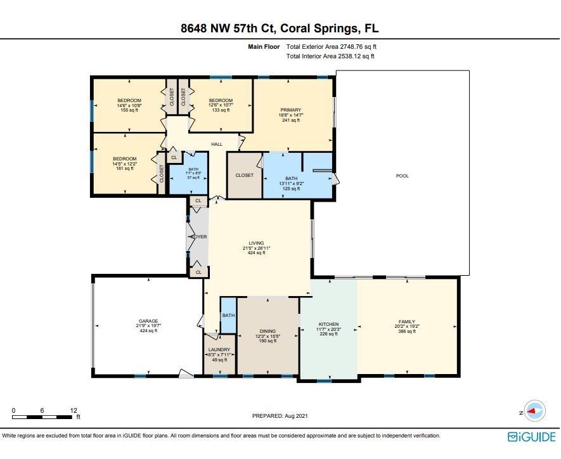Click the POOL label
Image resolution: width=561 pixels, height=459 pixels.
point(402,176)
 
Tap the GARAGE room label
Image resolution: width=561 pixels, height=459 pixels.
point(148,321)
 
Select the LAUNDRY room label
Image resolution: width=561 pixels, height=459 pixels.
point(219,349)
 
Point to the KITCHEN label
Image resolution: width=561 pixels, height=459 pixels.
point(328,324)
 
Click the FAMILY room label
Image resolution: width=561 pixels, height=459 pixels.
point(407,321)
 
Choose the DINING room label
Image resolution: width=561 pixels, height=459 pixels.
point(268,332)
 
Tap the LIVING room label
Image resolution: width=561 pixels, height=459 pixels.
point(256,243)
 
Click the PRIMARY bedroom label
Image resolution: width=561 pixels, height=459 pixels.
point(291,110)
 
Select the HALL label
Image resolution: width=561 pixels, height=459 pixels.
point(217,144)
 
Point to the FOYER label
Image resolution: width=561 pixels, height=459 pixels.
point(199,237)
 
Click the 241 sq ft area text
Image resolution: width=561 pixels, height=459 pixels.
point(291,120)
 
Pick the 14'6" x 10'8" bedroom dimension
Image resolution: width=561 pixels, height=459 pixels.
point(129,105)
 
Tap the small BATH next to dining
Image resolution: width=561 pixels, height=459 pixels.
point(228,315)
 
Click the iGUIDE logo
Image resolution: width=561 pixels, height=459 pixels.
point(532,437)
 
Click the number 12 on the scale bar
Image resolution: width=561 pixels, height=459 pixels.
point(74,410)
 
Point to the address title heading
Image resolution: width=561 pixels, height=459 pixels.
point(280,28)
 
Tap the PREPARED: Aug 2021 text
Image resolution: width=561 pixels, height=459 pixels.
point(280,416)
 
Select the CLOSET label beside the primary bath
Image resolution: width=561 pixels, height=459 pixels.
point(244,176)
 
